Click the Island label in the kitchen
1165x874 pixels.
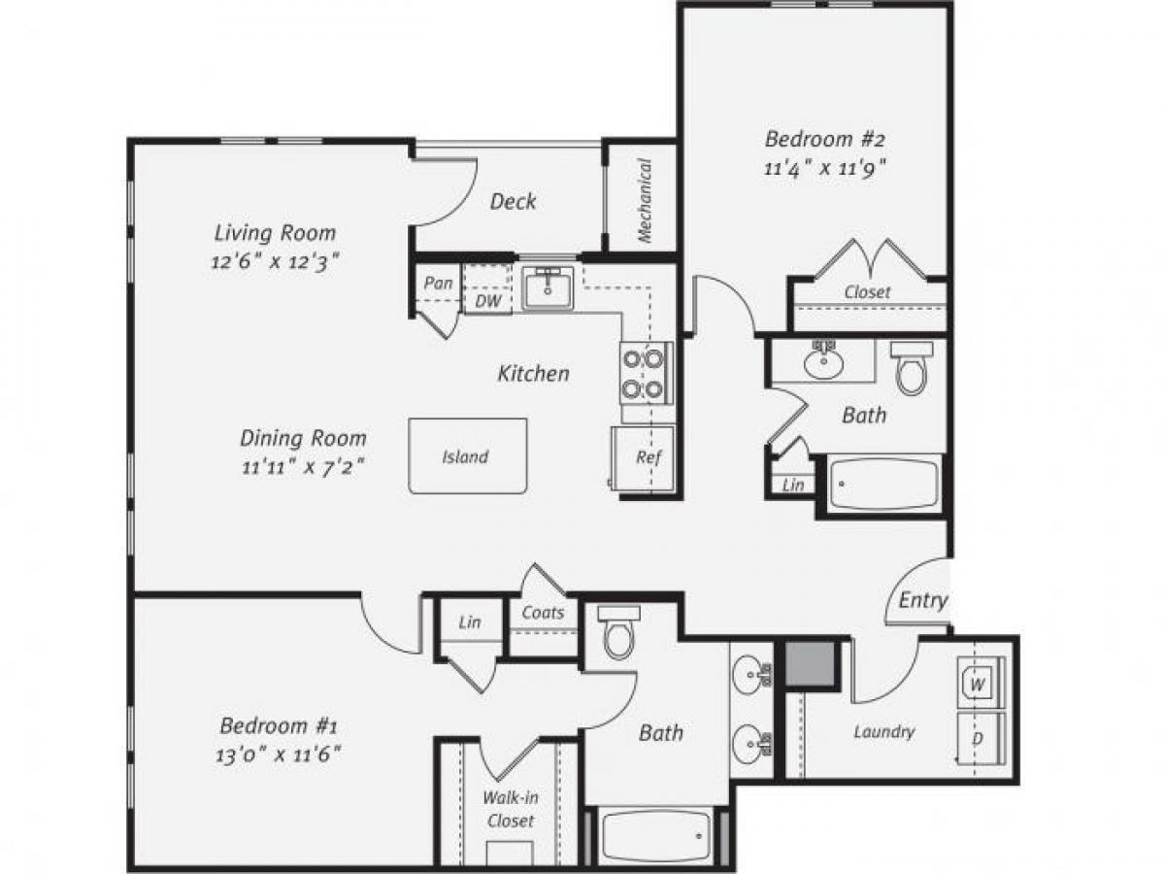[465, 456]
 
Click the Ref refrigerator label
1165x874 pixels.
[649, 457]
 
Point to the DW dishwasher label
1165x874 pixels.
[488, 301]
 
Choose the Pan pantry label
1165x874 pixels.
[438, 284]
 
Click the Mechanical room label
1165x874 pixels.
[644, 200]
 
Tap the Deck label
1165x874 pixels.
[513, 202]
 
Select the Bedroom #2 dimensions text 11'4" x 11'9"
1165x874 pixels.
[826, 166]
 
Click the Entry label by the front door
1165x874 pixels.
[921, 600]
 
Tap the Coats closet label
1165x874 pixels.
[543, 613]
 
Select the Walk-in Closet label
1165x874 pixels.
[511, 810]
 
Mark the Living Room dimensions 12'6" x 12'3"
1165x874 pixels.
[276, 260]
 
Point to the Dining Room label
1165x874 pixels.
[303, 437]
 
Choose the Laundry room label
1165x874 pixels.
[883, 731]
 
